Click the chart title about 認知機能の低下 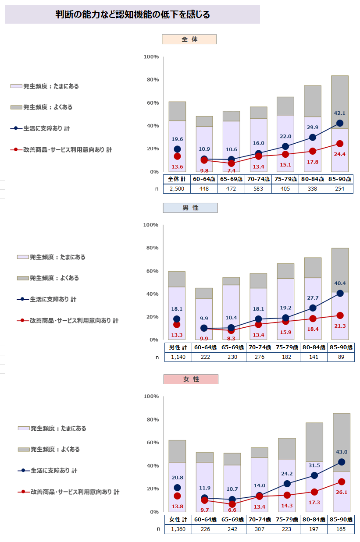(132, 15)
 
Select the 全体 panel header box (190, 39)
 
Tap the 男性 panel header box (190, 208)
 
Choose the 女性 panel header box (190, 379)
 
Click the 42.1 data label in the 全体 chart (339, 113)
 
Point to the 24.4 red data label (339, 154)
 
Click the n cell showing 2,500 (177, 189)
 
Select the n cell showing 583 (258, 189)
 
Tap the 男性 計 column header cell (178, 347)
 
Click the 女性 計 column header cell (178, 519)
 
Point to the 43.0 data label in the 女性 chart (341, 452)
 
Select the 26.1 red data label (341, 492)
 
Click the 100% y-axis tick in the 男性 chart (151, 225)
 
